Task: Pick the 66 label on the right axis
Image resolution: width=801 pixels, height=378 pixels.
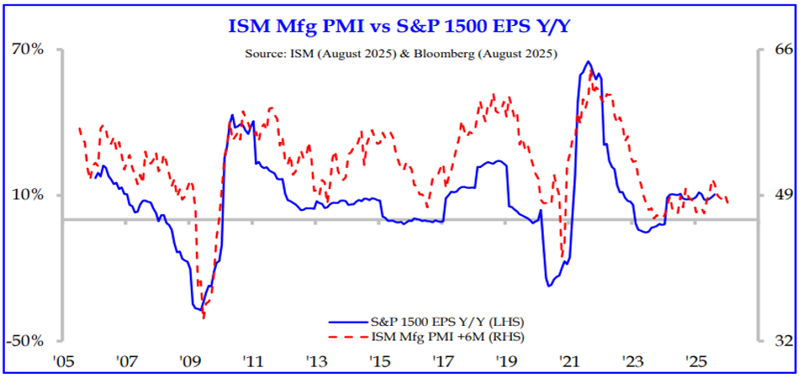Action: click(x=783, y=49)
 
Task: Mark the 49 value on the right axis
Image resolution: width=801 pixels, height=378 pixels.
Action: click(x=783, y=195)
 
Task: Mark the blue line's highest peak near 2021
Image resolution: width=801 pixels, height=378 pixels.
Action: click(x=588, y=61)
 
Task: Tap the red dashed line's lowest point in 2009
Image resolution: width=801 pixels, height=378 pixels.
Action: click(x=203, y=318)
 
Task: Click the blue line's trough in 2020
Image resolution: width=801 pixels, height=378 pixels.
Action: click(x=549, y=286)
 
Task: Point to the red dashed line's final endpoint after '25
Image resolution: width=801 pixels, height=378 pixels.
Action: click(x=728, y=202)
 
